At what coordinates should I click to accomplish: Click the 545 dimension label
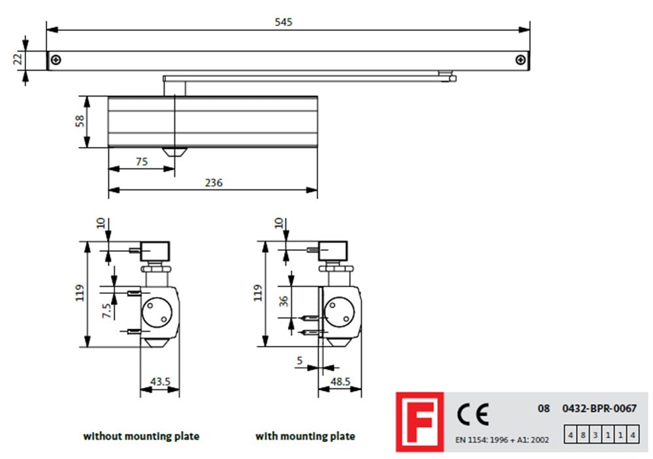(x=283, y=22)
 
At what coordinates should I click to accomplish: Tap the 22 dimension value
(x=18, y=59)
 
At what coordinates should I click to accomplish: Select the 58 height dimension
(x=79, y=121)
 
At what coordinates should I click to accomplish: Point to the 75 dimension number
(x=142, y=162)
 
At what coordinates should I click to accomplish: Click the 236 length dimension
(x=214, y=183)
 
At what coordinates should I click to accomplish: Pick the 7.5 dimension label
(x=106, y=310)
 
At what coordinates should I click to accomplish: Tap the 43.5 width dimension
(x=161, y=381)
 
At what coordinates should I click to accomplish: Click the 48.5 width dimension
(x=340, y=381)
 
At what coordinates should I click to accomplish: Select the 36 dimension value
(x=283, y=301)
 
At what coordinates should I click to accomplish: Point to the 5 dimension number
(x=300, y=360)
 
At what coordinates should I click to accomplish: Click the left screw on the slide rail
(x=56, y=60)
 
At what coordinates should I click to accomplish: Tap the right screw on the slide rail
(x=520, y=60)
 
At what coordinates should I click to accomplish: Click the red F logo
(x=420, y=422)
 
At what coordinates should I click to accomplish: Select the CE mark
(x=473, y=415)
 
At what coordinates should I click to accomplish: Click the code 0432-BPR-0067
(x=599, y=409)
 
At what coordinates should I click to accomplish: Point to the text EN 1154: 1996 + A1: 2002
(x=502, y=440)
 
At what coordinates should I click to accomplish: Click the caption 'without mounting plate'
(x=141, y=436)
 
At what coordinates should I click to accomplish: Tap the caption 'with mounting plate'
(x=305, y=436)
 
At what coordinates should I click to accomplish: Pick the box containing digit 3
(x=596, y=435)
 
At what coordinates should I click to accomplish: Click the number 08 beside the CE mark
(x=543, y=409)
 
